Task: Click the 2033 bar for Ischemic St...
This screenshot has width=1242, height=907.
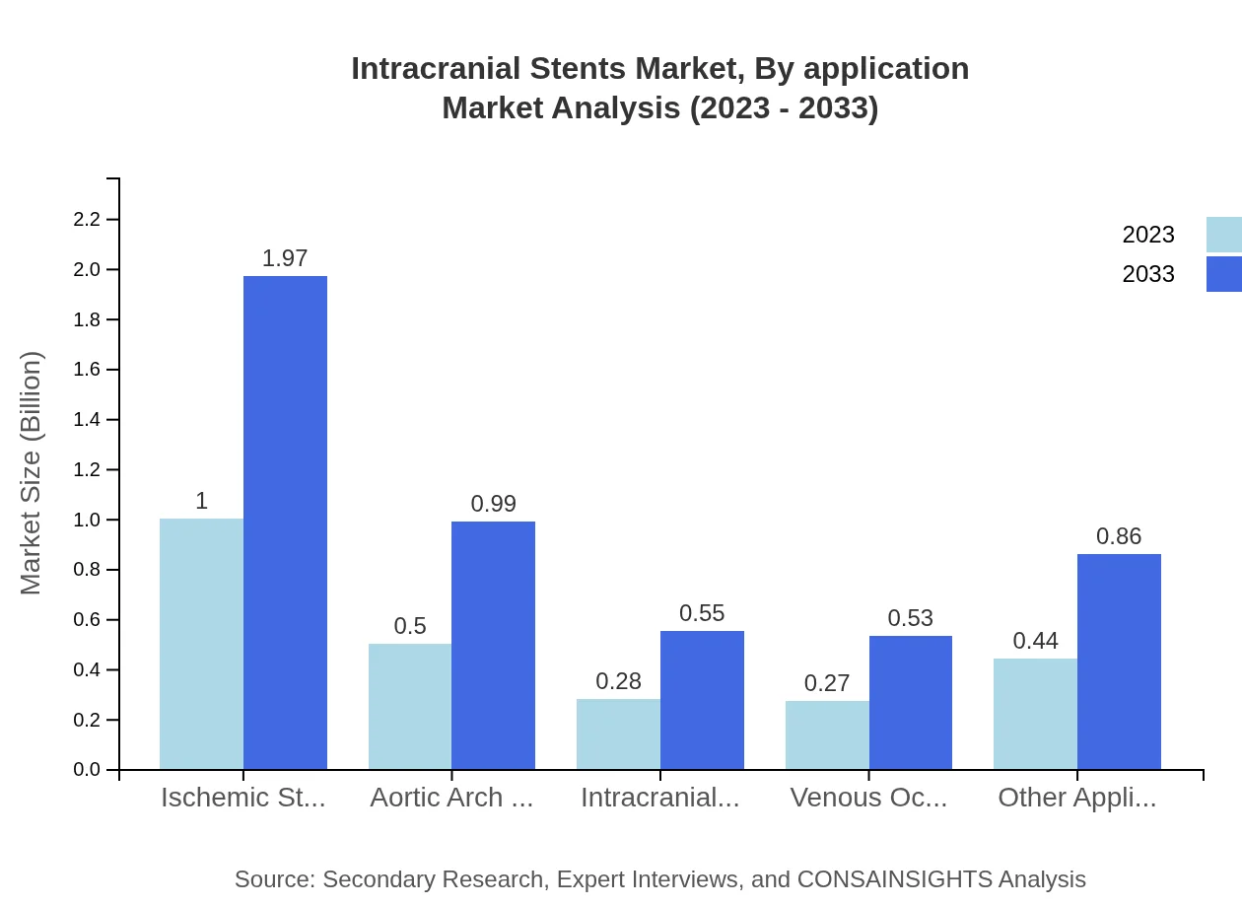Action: coord(285,523)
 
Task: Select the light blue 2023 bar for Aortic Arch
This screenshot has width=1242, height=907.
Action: coord(410,706)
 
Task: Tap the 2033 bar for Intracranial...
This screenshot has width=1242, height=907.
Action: coord(702,700)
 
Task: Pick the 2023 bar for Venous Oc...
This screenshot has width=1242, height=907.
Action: coord(827,734)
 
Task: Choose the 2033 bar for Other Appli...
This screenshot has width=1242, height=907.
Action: coord(1119,662)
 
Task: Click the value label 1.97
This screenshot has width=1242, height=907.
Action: coord(285,258)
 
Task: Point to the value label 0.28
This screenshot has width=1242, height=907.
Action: coord(619,681)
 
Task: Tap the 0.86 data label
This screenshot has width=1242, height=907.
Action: coord(1119,536)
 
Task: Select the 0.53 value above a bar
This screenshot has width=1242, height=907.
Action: coord(911,618)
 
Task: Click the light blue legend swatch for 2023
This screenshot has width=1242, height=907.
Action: coord(1223,235)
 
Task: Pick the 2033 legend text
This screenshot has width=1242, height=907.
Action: coord(1148,274)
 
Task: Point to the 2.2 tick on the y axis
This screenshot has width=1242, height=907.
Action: coord(88,220)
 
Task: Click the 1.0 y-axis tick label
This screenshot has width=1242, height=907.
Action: coord(88,520)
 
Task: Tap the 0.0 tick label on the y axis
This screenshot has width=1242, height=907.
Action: coord(88,770)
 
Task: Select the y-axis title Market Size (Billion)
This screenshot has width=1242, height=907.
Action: coord(32,473)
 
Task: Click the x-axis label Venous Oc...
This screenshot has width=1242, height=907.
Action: coord(868,798)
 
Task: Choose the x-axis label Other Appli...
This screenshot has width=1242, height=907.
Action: coord(1077,798)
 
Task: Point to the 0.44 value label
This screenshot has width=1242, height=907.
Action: coord(1036,641)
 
